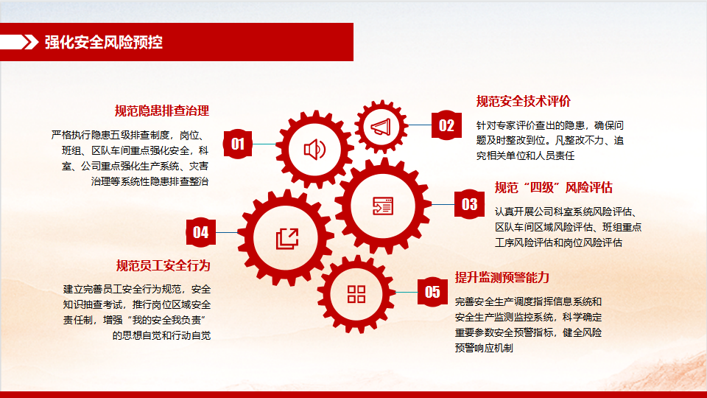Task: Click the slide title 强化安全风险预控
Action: pyautogui.click(x=103, y=42)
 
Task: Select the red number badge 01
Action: pyautogui.click(x=238, y=144)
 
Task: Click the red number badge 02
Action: pyautogui.click(x=446, y=125)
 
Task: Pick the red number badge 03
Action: pyautogui.click(x=469, y=204)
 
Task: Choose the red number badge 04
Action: pyautogui.click(x=200, y=232)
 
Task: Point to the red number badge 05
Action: pyautogui.click(x=432, y=292)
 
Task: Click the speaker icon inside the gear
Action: pyautogui.click(x=314, y=150)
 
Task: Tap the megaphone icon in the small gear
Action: pyautogui.click(x=381, y=127)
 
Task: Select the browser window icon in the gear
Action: pyautogui.click(x=383, y=206)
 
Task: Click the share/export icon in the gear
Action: pyautogui.click(x=287, y=238)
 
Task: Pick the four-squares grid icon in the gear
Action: pyautogui.click(x=356, y=294)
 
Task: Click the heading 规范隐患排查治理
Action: pyautogui.click(x=161, y=111)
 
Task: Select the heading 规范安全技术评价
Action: pyautogui.click(x=524, y=101)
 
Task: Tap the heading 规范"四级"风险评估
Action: pyautogui.click(x=553, y=187)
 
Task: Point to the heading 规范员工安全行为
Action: pyautogui.click(x=163, y=265)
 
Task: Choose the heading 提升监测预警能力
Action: pyautogui.click(x=502, y=277)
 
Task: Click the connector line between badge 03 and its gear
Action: pyautogui.click(x=443, y=204)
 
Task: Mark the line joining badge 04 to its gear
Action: pyautogui.click(x=227, y=232)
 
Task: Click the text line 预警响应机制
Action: pyautogui.click(x=484, y=348)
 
